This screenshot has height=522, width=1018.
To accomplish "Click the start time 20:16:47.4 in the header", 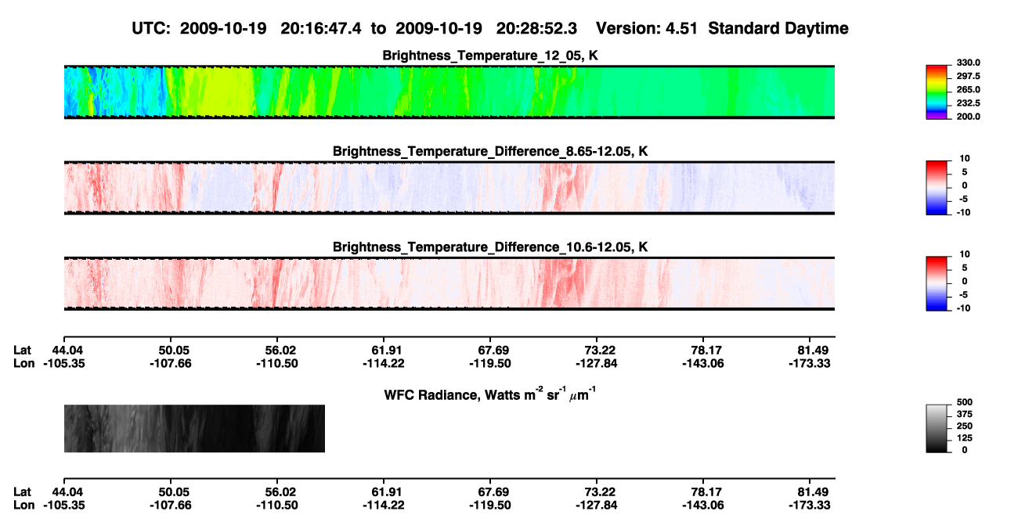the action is (321, 28).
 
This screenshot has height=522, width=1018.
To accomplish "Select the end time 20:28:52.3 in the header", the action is (536, 28).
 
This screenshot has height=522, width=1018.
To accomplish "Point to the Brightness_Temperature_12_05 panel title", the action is (490, 56).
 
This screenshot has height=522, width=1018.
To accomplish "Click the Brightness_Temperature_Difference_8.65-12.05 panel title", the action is (490, 151).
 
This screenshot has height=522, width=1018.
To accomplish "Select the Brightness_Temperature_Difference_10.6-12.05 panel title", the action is (490, 247).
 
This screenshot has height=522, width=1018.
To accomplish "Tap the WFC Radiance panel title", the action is (490, 394).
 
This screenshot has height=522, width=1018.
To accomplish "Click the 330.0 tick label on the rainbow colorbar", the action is (968, 63).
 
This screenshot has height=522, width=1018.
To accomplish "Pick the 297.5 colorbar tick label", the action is (968, 76).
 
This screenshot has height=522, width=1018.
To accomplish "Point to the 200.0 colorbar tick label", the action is (968, 117).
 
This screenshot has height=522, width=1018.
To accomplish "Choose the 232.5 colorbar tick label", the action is (968, 103).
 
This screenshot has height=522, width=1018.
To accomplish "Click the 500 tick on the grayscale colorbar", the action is (965, 402).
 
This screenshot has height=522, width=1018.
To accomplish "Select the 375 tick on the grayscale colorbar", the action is (965, 414).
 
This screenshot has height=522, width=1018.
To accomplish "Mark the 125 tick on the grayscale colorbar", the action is (965, 438).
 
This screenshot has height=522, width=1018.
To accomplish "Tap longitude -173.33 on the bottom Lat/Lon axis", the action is (810, 506).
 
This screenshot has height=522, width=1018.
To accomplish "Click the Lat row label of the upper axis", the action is (22, 351).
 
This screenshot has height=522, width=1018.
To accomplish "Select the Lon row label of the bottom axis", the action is (24, 506).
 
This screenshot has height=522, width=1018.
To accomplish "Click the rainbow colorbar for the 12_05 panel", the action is (937, 92).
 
